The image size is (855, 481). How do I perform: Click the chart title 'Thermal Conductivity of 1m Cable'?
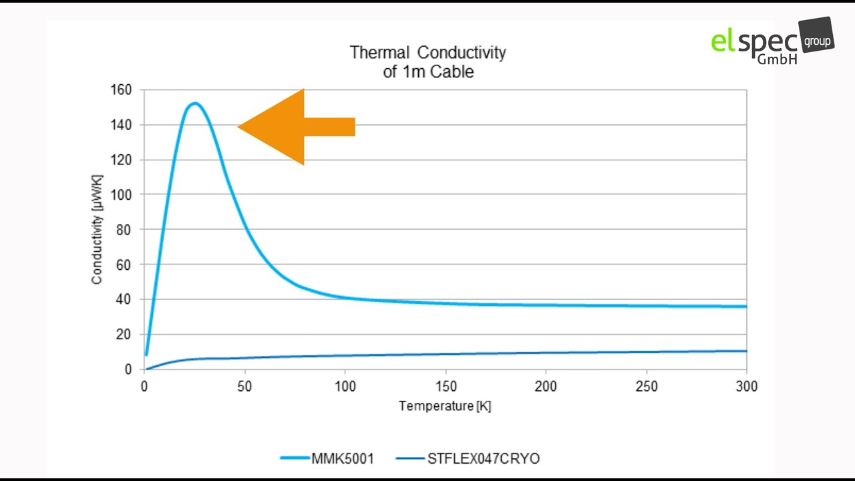coord(427,61)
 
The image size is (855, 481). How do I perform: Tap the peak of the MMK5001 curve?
coord(194,103)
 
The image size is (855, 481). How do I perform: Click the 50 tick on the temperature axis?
coord(245,386)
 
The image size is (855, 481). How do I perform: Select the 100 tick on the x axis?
coord(345,386)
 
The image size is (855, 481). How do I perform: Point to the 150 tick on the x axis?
coord(446,386)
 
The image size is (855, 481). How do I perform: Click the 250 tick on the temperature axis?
coord(646,386)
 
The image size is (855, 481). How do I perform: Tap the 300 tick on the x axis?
coord(746,386)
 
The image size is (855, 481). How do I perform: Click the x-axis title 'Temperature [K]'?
coord(445,406)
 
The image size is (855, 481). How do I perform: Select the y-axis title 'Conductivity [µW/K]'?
coord(97,229)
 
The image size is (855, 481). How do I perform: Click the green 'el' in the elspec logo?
coord(722,41)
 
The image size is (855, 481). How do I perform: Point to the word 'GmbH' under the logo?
coord(776,59)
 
